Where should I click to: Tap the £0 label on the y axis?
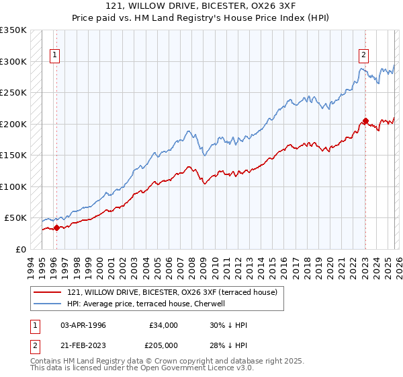[20, 249]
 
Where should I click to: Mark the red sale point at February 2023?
[365, 121]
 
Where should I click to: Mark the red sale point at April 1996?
[56, 228]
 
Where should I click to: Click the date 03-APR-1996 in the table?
[83, 324]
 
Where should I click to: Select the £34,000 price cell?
[164, 324]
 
